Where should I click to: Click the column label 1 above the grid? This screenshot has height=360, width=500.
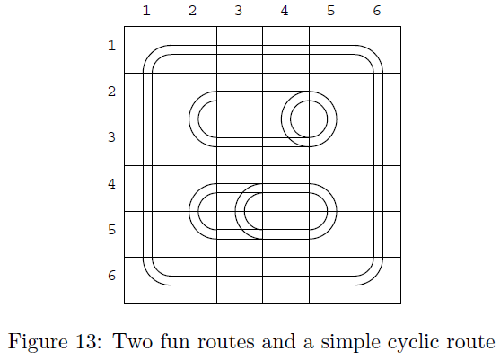coord(146,11)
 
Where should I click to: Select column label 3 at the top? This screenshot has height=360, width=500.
coord(239,11)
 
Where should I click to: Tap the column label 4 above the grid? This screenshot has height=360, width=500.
coord(285,11)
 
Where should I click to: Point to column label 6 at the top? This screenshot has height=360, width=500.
coord(377,11)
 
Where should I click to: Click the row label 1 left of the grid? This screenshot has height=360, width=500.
coord(111,46)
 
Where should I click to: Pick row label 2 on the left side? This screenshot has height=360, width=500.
coord(111,92)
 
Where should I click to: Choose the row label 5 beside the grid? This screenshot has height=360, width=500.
coord(111,230)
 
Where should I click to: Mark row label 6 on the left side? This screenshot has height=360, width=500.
coord(111,276)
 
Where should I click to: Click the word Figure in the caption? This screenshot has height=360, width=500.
coord(38,342)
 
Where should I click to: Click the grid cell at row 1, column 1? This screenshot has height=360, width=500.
coord(147,49)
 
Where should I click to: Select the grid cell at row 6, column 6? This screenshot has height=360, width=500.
coord(378,280)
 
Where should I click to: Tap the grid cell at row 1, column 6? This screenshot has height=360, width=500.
coord(378,49)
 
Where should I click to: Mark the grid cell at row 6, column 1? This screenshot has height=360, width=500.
coord(147,280)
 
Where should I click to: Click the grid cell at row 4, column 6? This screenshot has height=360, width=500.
coord(378,189)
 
